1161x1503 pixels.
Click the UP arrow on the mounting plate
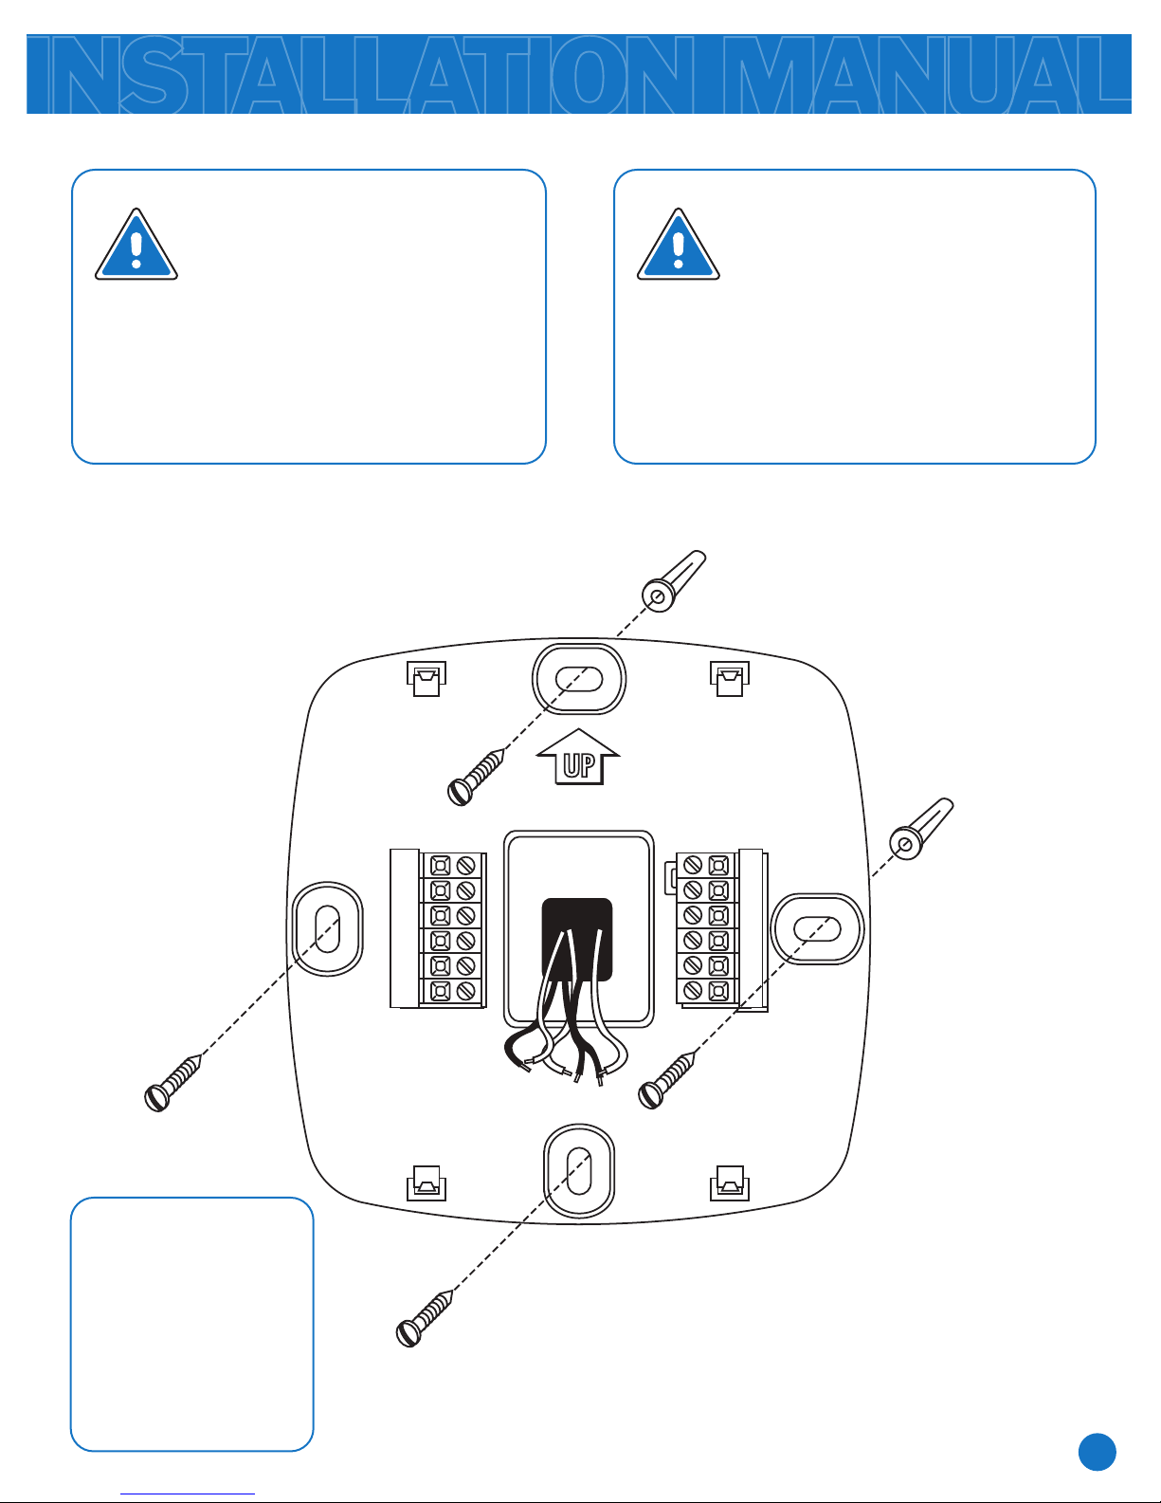click(x=578, y=757)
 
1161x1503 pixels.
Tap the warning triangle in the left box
click(x=136, y=244)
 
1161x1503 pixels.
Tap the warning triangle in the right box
click(x=678, y=244)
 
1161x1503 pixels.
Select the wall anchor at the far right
click(x=921, y=829)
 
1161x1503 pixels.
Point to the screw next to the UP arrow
click(x=476, y=778)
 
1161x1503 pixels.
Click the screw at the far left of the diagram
click(x=172, y=1083)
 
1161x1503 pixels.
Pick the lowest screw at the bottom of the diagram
click(x=425, y=1318)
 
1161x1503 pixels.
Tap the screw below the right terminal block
click(x=667, y=1080)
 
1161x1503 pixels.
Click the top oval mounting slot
click(x=579, y=679)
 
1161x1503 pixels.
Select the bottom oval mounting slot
click(x=579, y=1172)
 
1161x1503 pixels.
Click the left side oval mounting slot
click(x=328, y=929)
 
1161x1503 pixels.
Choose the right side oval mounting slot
click(x=818, y=929)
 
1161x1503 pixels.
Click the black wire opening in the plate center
click(x=577, y=940)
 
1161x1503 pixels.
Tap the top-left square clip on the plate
click(x=426, y=679)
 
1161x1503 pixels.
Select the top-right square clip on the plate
click(x=730, y=679)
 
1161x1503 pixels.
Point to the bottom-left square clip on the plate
click(x=426, y=1182)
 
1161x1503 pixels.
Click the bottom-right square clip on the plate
click(x=730, y=1182)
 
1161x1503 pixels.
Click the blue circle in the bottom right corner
click(x=1098, y=1452)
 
